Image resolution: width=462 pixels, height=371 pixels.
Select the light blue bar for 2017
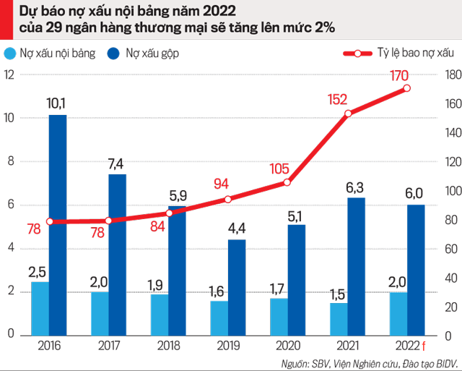click(x=100, y=314)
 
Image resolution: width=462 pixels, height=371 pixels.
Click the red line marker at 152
click(x=348, y=114)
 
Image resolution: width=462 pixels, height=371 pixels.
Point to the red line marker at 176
click(x=407, y=88)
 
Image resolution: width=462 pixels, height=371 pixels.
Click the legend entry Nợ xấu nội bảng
click(x=58, y=54)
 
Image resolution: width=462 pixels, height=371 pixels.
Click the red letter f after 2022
click(x=424, y=344)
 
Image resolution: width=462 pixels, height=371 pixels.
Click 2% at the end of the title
click(x=322, y=27)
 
